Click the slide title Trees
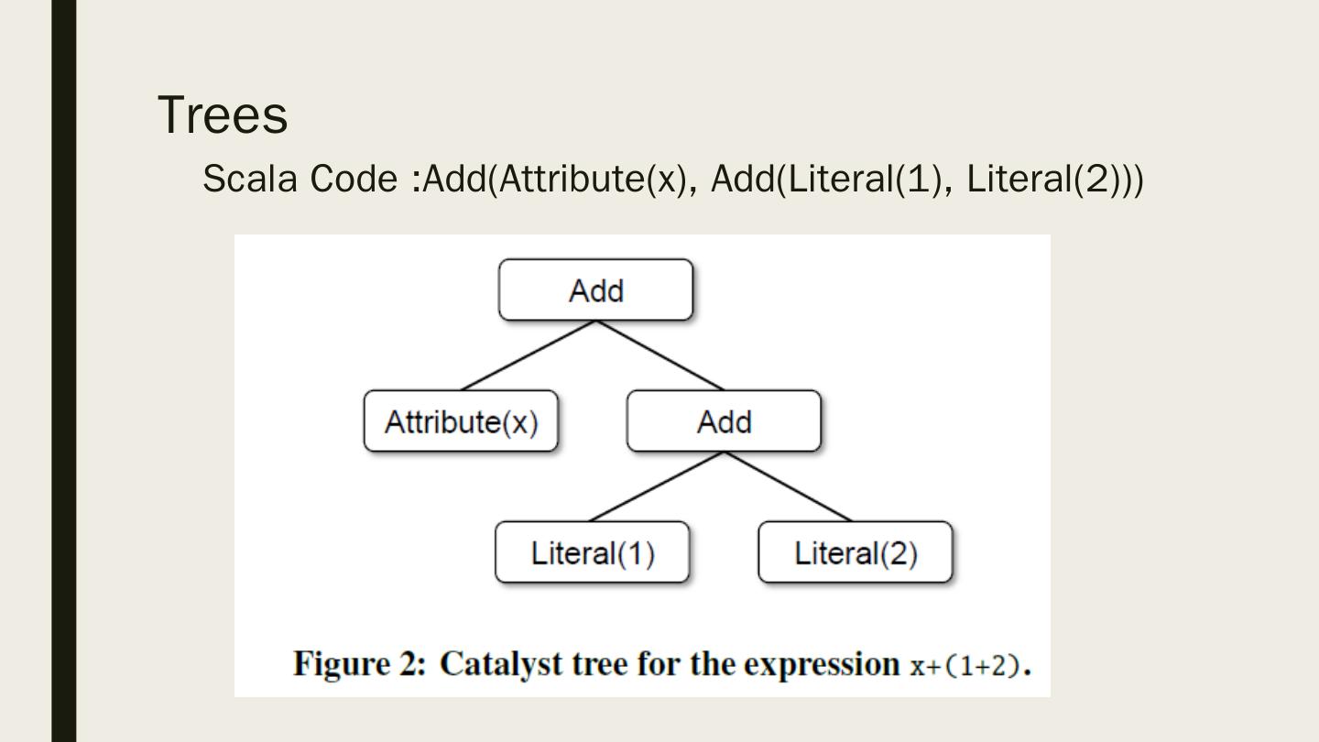(223, 115)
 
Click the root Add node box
(595, 290)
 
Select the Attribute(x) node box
(461, 421)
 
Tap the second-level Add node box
(724, 421)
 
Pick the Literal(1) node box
(592, 553)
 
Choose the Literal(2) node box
(856, 553)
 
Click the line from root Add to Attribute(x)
(529, 355)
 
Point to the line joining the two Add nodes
(659, 355)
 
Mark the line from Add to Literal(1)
(657, 486)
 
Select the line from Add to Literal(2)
(789, 486)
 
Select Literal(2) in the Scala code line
(1045, 179)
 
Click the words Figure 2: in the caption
(359, 664)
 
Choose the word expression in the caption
(822, 664)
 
